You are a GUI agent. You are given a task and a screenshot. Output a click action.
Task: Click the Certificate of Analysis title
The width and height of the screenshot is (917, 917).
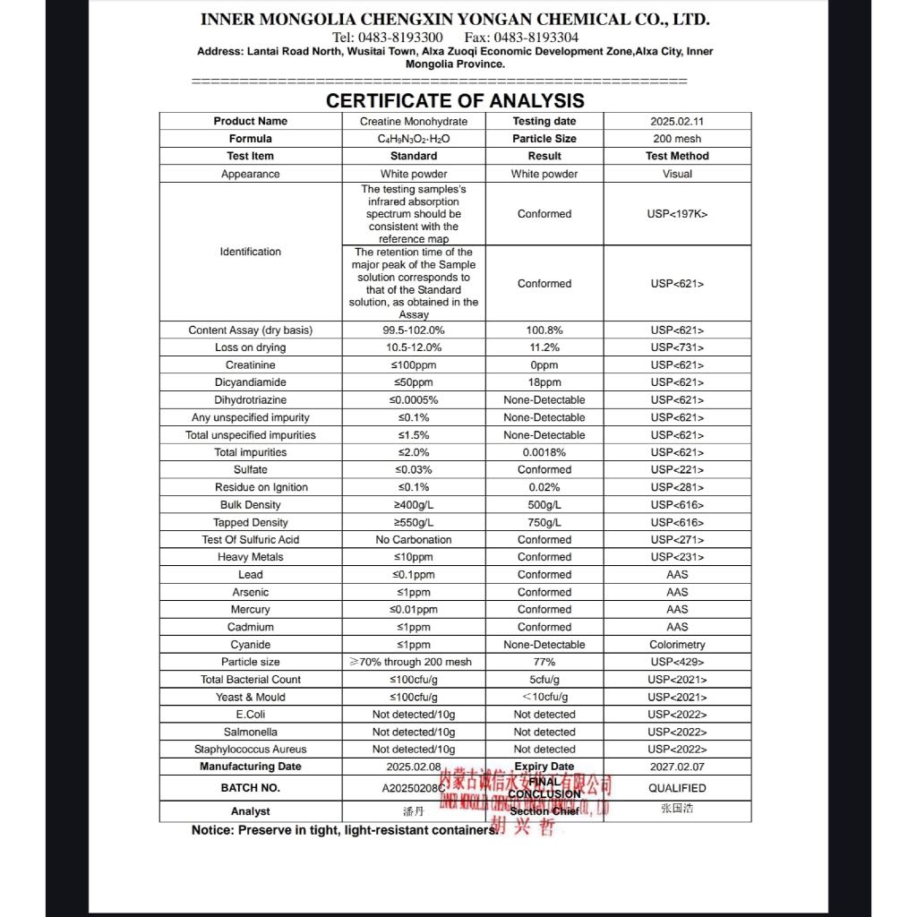click(455, 101)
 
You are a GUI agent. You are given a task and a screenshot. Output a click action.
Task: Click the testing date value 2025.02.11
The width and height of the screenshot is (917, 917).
click(677, 121)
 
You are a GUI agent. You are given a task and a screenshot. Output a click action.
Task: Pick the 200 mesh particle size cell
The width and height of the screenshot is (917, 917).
click(677, 139)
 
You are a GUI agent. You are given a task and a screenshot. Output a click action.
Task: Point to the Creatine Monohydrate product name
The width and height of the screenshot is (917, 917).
click(414, 121)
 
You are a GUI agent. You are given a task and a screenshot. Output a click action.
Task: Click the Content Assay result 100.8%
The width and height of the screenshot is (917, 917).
click(544, 330)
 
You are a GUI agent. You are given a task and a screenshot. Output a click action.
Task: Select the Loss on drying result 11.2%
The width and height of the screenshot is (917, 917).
click(544, 347)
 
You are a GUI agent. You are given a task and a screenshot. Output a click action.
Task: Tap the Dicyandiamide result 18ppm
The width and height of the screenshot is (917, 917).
click(544, 382)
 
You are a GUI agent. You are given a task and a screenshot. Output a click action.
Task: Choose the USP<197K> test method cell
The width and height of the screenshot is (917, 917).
click(677, 214)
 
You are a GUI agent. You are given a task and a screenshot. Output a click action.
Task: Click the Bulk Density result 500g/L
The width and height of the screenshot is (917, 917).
click(544, 505)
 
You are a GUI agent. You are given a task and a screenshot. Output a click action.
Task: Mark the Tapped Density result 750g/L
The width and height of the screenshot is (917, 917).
click(544, 522)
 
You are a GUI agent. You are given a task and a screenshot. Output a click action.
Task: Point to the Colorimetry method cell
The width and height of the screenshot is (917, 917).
click(677, 645)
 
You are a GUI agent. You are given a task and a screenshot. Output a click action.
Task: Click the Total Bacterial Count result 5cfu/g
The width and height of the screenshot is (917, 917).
click(544, 680)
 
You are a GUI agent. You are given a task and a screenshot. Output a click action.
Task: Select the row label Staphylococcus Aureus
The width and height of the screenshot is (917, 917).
click(251, 750)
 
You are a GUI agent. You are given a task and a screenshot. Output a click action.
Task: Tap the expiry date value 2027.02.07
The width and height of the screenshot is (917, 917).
click(677, 767)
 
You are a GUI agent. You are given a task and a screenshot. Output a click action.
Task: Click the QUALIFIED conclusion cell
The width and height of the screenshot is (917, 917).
click(677, 788)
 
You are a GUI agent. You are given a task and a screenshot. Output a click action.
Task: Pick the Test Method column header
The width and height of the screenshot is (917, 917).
click(677, 156)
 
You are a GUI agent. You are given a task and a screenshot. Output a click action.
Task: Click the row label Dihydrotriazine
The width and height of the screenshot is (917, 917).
click(251, 400)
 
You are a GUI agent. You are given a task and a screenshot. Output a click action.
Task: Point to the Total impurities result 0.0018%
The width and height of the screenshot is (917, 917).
click(544, 452)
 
